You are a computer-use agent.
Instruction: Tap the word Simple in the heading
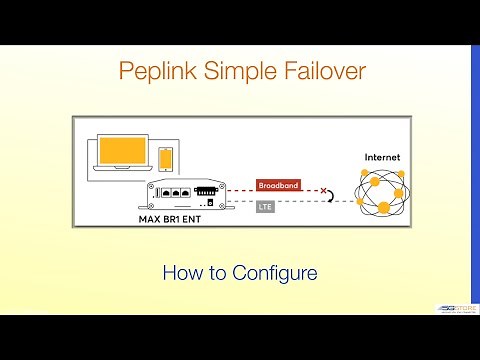click(x=239, y=72)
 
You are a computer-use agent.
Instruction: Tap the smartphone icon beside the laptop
click(x=165, y=158)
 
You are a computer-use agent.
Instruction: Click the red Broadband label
click(x=277, y=186)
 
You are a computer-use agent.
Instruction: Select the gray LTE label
click(x=265, y=206)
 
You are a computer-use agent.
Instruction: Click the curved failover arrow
click(x=332, y=198)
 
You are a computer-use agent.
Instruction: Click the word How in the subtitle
click(x=181, y=272)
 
